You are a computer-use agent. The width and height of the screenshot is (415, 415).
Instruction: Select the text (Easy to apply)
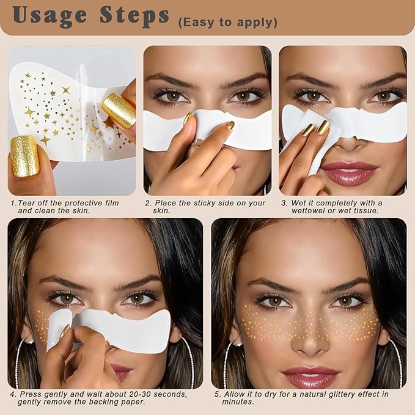(x=227, y=23)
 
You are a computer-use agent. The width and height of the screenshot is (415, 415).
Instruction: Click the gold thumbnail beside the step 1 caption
(x=25, y=156)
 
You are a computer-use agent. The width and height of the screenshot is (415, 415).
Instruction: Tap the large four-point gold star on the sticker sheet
(x=29, y=111)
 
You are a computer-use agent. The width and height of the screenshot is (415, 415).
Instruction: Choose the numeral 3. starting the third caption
(x=283, y=203)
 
